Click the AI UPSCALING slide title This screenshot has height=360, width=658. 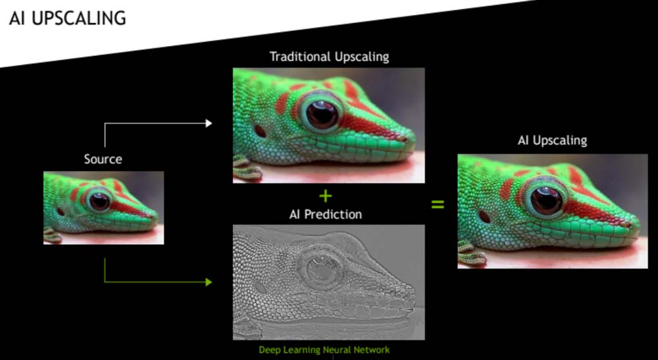click(68, 19)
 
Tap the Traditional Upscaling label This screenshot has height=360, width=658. click(329, 57)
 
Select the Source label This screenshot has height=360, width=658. click(103, 159)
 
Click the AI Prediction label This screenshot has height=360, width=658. click(325, 215)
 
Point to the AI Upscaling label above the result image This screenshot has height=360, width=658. click(552, 140)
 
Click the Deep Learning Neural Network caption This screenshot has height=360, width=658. click(324, 350)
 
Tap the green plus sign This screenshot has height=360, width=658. click(325, 195)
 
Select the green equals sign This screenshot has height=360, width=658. click(438, 205)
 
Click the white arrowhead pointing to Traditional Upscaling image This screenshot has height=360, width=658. click(209, 123)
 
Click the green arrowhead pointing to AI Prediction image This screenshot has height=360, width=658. click(209, 282)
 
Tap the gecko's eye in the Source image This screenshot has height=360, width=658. click(100, 201)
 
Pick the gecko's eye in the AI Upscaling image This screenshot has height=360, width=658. click(546, 201)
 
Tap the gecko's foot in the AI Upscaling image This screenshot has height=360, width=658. click(471, 254)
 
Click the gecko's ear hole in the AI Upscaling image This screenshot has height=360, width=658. click(485, 216)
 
